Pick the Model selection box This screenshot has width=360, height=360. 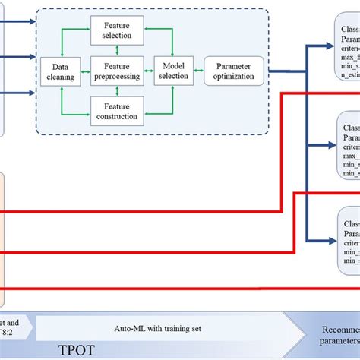click(174, 72)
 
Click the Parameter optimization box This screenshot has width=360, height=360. click(234, 72)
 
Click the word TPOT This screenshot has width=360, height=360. click(77, 351)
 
